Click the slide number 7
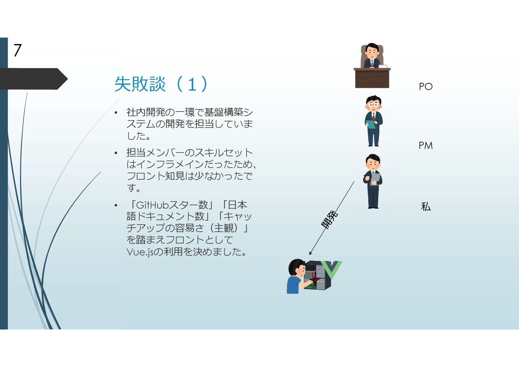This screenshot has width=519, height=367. coord(18,50)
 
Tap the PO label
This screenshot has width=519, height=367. coord(426,87)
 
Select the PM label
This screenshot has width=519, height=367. coord(426,145)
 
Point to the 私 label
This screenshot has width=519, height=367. coord(426,206)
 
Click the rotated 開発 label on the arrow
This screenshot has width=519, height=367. coord(329,219)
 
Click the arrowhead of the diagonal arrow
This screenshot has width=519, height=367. coord(310,253)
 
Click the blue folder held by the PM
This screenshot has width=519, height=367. coord(371,124)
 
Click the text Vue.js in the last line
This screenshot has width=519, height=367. coord(140,252)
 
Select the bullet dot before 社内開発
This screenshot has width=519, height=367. coord(116,113)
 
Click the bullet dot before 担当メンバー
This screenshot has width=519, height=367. coord(116,153)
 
